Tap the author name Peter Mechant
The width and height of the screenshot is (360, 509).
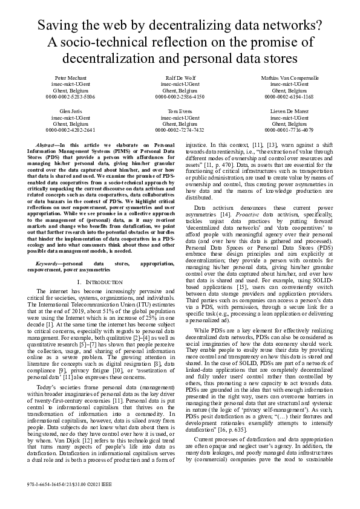point(71,79)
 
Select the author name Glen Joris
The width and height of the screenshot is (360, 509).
point(71,112)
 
